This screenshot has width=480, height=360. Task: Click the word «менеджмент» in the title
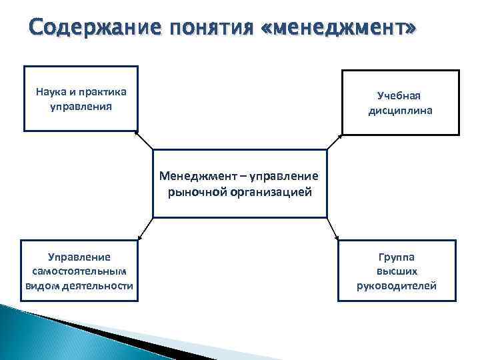(x=343, y=29)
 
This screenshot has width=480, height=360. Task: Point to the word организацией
(x=271, y=192)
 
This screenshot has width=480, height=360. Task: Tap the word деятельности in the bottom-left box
(x=103, y=285)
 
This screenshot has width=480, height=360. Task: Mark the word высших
(x=397, y=271)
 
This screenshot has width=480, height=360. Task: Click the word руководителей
(x=397, y=285)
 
